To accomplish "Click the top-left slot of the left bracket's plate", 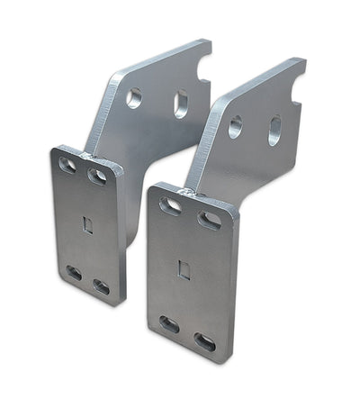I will point(67,165).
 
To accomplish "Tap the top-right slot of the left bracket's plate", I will point(96,177).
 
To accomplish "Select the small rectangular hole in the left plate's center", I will point(87,224).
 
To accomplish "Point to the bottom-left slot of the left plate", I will point(74,272).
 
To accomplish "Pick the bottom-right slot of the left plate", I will point(101,287).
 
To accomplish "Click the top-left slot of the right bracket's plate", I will point(170,205).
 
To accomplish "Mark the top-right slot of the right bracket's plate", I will point(209,219).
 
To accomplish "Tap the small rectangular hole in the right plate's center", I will point(184,269).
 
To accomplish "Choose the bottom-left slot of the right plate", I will point(169,322).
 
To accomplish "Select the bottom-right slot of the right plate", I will point(205,342).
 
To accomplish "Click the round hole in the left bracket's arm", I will point(134,97).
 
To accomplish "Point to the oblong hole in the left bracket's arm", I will point(180,104).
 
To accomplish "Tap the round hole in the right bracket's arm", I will point(235,126).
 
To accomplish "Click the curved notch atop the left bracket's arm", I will point(203,61).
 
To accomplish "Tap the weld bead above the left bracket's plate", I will point(89,157).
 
